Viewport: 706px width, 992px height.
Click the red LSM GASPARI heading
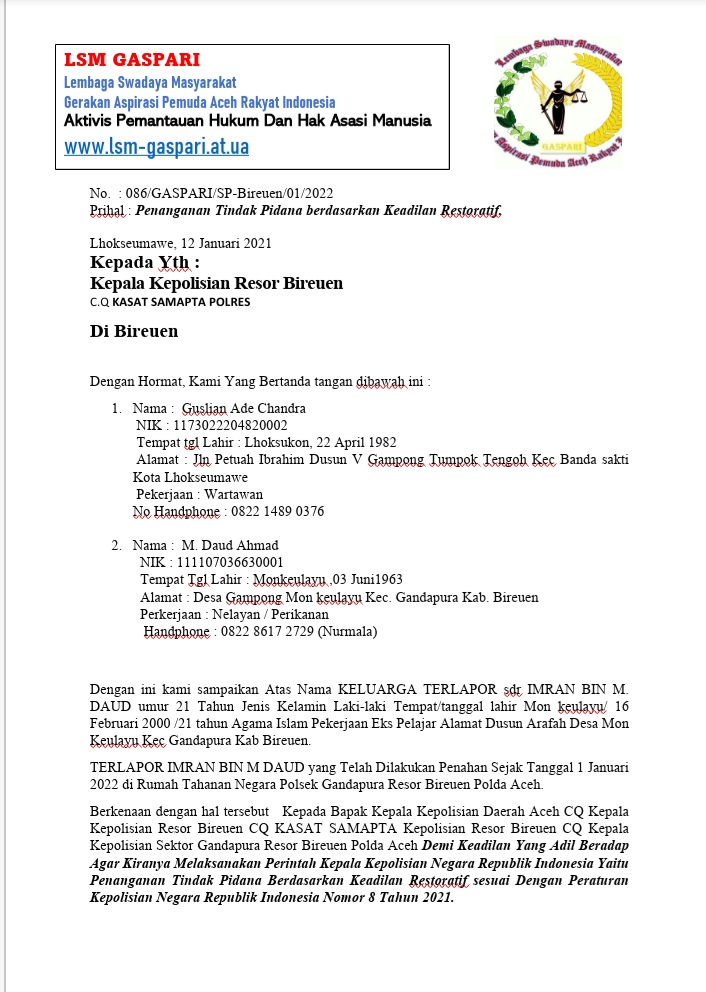coord(132,60)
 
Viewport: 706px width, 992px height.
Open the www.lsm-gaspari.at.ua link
coord(156,147)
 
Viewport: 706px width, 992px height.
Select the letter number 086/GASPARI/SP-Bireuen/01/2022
coord(230,192)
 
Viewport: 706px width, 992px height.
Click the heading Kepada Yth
coord(145,263)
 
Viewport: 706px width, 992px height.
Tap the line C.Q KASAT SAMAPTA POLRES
coord(170,301)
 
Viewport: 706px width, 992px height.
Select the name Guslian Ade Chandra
coord(244,408)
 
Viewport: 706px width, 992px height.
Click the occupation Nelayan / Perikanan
coord(271,614)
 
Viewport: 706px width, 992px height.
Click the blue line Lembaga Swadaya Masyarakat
coord(150,82)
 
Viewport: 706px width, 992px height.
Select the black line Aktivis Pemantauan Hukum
coord(248,121)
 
